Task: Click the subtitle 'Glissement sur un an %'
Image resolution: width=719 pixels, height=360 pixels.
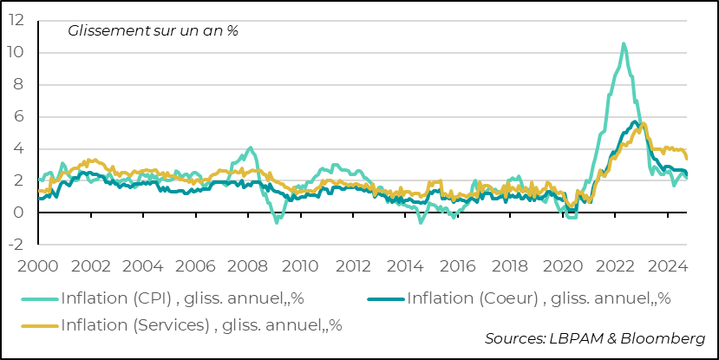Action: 153,30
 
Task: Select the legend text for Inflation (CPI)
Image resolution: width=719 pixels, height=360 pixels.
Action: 181,299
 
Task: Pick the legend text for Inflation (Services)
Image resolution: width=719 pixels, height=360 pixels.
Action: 201,325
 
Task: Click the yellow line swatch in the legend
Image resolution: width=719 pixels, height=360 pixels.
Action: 38,325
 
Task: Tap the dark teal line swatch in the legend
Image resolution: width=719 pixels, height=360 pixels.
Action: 386,299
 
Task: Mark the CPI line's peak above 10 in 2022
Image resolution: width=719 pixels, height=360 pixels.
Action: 624,43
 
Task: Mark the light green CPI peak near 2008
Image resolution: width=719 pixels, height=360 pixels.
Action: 251,148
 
